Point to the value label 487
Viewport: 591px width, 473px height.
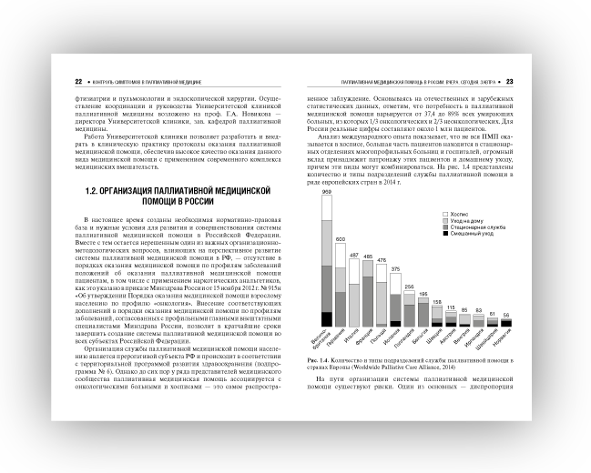click(354, 256)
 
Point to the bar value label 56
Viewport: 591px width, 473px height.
click(506, 315)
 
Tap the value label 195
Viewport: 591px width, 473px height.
click(423, 295)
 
